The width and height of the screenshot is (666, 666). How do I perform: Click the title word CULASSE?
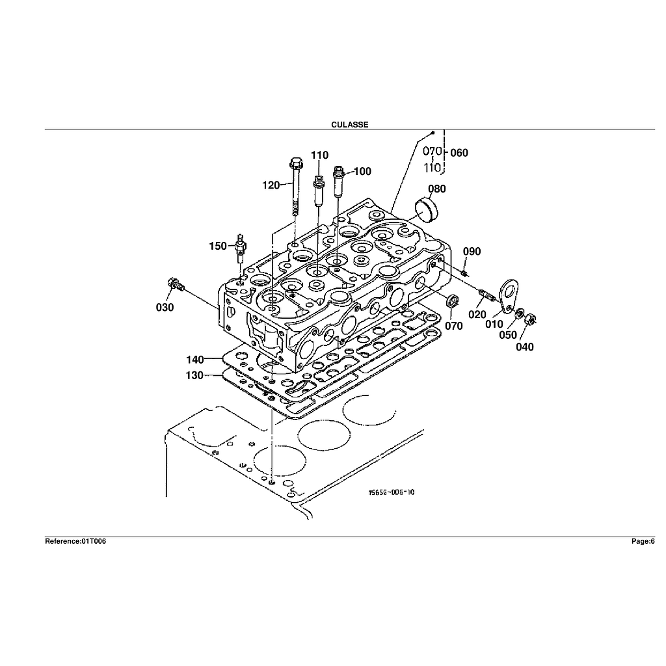click(349, 124)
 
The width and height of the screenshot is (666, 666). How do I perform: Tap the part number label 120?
click(271, 185)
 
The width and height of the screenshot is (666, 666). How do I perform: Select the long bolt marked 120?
click(295, 187)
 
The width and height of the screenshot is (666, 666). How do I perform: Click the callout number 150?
click(218, 246)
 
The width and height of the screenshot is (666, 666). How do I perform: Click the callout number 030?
click(165, 307)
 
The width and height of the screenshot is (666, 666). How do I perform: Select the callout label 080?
click(437, 189)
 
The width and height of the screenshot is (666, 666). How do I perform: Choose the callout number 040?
click(525, 347)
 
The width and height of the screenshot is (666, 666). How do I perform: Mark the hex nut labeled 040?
click(530, 319)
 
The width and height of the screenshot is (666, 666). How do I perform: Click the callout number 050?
click(508, 335)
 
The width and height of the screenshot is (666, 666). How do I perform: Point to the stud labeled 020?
click(486, 295)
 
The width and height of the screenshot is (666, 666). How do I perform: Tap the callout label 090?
click(472, 252)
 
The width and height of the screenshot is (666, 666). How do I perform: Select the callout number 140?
click(195, 360)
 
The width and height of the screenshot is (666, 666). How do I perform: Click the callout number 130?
click(194, 375)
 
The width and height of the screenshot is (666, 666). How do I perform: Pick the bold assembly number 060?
click(459, 152)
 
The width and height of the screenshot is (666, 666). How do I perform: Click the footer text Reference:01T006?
click(75, 541)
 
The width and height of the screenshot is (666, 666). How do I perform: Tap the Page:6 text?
click(643, 541)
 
